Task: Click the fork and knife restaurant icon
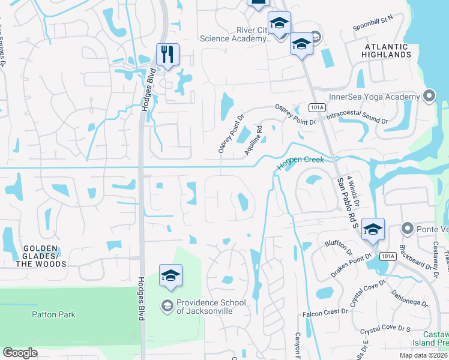[x=167, y=54]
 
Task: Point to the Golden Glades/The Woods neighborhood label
[x=41, y=256]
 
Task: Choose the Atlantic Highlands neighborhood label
[x=386, y=50]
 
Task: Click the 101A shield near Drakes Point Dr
[x=388, y=256]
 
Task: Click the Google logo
[x=20, y=353]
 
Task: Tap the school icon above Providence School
[x=170, y=276]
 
